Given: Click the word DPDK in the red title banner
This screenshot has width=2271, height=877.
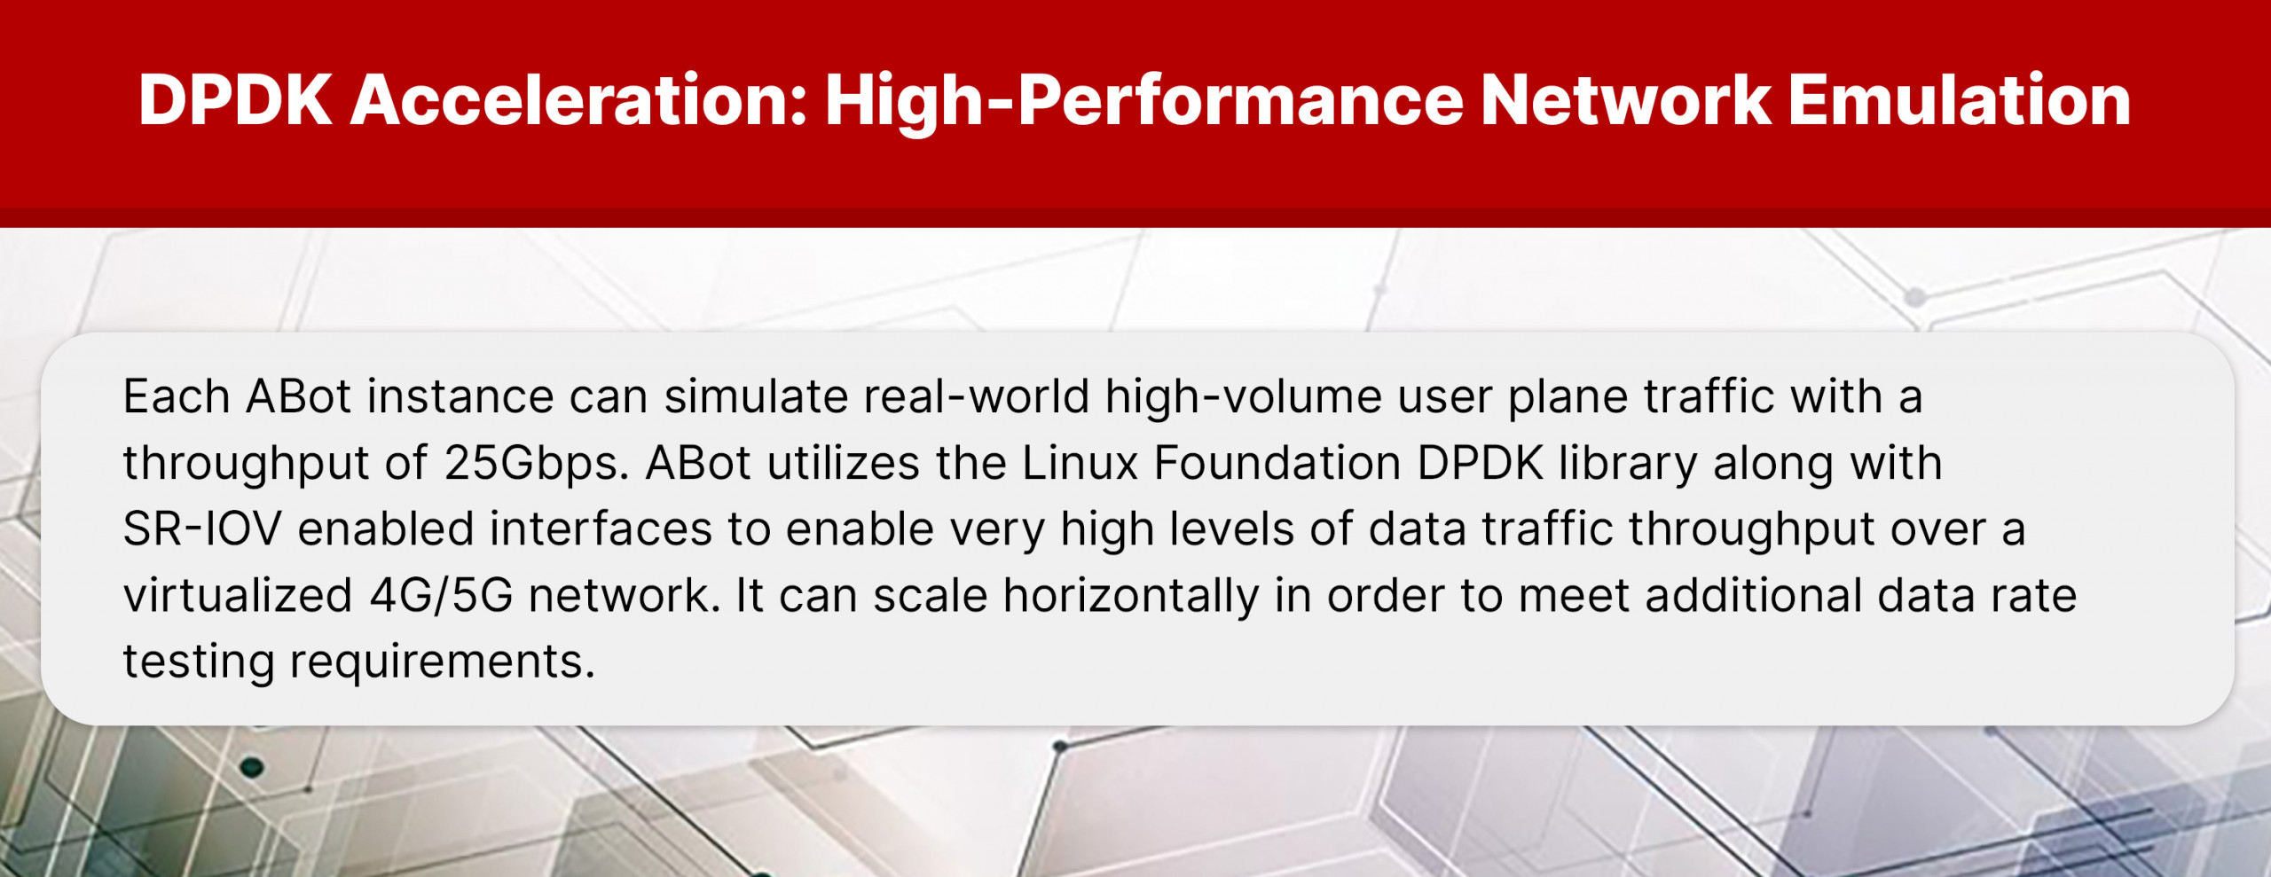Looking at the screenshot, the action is point(235,100).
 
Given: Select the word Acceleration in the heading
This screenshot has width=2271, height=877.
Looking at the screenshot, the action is point(579,100).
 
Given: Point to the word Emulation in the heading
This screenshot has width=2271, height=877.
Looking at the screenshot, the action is point(1959,100).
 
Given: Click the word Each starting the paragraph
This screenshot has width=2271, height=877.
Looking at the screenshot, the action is point(177,395).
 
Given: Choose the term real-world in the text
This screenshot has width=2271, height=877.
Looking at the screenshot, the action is point(976,395).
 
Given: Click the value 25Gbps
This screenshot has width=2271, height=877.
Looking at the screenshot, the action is point(537,464).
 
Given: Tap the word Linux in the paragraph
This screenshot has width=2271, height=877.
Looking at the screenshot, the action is point(1080,462).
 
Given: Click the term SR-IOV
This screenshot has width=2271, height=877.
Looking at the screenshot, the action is point(202,529).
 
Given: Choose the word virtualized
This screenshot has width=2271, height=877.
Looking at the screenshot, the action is point(239,595).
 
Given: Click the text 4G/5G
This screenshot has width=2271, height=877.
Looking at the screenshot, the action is point(441,595).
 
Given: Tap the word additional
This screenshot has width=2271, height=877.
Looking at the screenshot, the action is point(1754,595).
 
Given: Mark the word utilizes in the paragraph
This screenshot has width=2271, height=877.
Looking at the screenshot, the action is point(843,462).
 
